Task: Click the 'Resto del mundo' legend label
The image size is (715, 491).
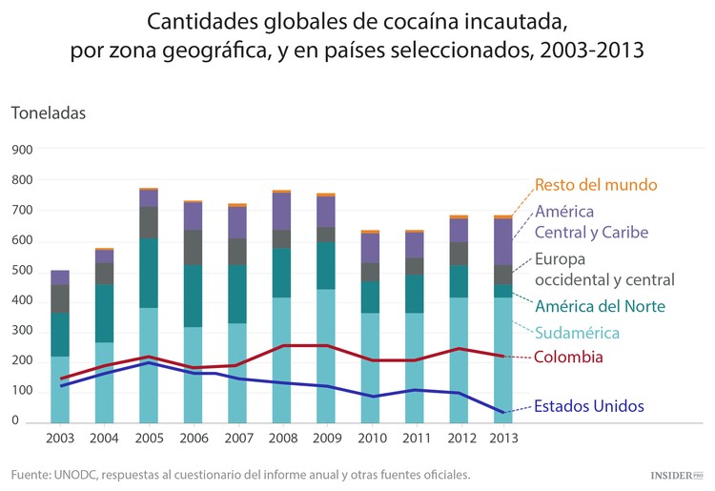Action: click(x=596, y=184)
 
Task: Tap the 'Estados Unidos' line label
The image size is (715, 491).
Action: click(x=588, y=405)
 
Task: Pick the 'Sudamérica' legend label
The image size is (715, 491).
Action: click(x=577, y=333)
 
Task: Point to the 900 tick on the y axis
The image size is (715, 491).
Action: click(x=22, y=150)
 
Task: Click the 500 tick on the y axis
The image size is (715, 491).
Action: click(x=22, y=271)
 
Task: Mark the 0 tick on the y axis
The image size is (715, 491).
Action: click(x=15, y=420)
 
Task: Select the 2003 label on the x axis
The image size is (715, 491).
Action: click(x=60, y=440)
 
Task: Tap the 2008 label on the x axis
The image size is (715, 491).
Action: click(x=281, y=440)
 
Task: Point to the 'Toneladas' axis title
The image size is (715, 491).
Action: click(x=49, y=113)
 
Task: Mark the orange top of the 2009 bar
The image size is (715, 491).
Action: click(x=326, y=194)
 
